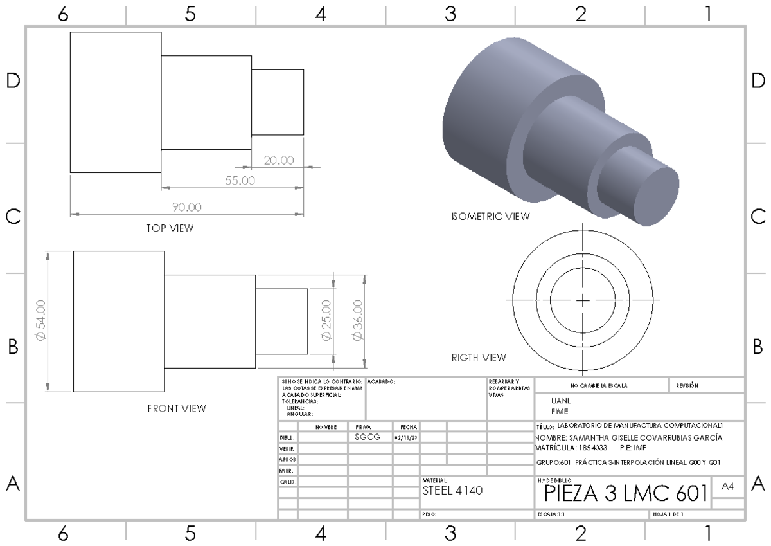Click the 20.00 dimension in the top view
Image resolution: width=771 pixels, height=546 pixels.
[x=279, y=160]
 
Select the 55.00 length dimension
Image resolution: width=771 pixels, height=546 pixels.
[x=240, y=181]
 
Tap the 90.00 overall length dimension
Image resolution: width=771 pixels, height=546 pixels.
[x=187, y=207]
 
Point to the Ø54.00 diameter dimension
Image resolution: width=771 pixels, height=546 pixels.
[x=41, y=321]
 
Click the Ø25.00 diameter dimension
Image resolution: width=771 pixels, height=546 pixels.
[x=326, y=321]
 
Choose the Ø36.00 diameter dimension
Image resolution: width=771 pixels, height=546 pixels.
[x=357, y=321]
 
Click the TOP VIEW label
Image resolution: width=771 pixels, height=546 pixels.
[x=169, y=228]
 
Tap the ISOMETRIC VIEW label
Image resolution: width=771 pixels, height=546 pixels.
[x=491, y=217]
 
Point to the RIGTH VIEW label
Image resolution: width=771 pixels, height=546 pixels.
[x=479, y=358]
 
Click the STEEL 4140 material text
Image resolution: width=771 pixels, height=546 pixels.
[x=452, y=490]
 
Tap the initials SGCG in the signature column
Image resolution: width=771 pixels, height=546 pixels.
[x=368, y=437]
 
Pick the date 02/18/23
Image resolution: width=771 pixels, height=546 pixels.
[x=405, y=437]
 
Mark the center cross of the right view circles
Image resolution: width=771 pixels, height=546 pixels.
[x=582, y=300]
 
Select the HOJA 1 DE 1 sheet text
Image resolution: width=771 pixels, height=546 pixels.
[x=668, y=514]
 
